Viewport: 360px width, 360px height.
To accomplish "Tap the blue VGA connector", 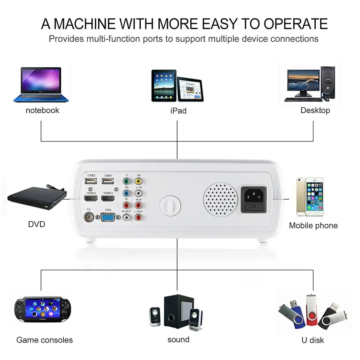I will click(108, 217).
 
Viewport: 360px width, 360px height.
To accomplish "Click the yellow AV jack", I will click(138, 181).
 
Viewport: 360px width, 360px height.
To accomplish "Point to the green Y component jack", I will click(126, 181).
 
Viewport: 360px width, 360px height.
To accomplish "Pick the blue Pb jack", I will click(126, 193).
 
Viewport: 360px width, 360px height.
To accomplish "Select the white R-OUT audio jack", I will click(126, 217).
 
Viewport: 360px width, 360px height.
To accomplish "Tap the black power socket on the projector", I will click(253, 199).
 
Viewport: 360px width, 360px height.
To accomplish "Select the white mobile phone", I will click(309, 197).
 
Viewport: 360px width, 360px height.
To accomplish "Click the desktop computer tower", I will click(327, 82).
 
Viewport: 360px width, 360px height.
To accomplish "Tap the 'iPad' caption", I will click(178, 111).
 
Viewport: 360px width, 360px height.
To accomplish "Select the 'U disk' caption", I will click(313, 340).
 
